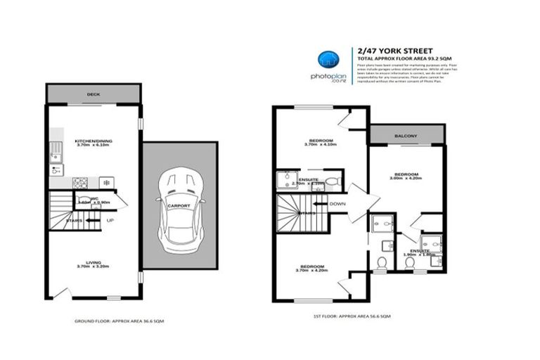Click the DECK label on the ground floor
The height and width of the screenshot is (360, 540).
94,94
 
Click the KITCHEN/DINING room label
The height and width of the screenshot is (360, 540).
94,143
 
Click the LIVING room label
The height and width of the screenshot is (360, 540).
94,264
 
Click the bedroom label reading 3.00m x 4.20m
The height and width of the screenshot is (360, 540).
406,176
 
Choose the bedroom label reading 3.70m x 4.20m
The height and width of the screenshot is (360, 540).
311,269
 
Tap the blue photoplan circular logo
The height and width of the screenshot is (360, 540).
326,58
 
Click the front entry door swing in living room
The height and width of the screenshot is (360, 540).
62,291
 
